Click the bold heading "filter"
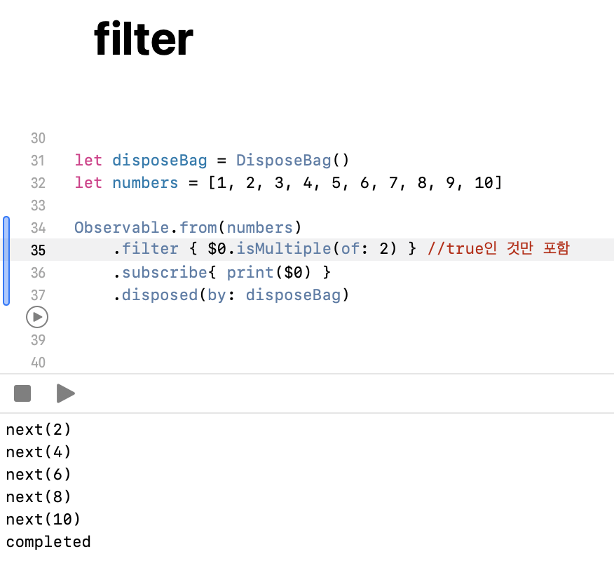144,39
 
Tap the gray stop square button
22,393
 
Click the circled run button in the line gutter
36,318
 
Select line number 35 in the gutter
38,250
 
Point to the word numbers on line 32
145,183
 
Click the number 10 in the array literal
484,183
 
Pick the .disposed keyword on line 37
155,295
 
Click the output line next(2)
39,430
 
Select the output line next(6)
39,475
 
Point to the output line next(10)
43,520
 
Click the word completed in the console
48,542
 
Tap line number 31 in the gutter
38,161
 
